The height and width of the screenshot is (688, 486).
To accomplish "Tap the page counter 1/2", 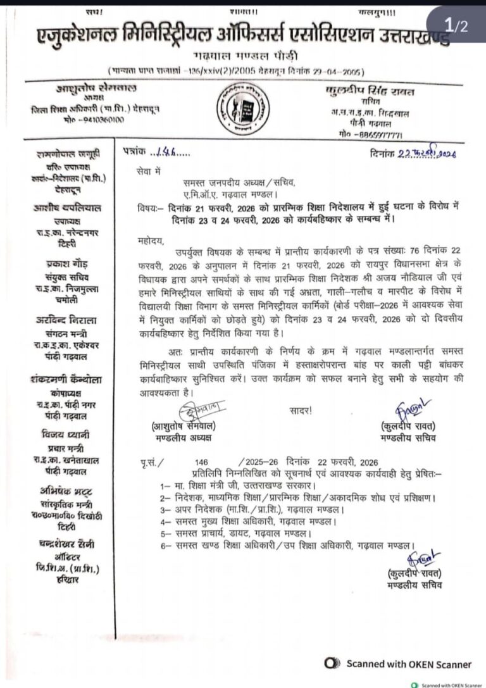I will [456, 26].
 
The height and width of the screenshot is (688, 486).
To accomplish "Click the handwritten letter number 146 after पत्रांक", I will [164, 153].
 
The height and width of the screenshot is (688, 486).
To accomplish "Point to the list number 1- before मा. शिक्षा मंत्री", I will [166, 485].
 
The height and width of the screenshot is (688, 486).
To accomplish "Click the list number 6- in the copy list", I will [166, 545].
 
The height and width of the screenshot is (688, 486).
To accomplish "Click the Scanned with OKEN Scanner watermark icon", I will [331, 663].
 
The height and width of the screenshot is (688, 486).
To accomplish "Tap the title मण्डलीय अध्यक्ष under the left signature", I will [182, 438].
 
